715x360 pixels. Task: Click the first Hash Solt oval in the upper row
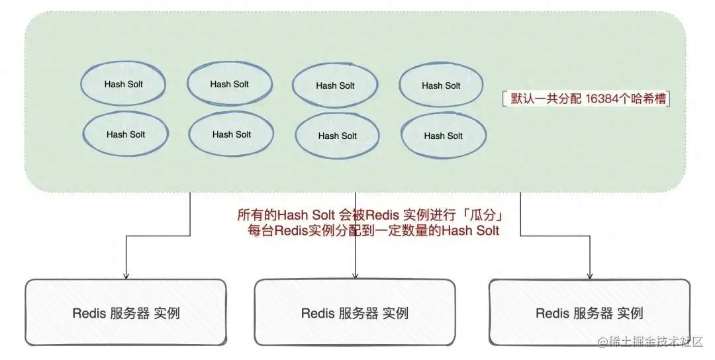(123, 84)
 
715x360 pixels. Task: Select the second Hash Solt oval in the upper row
(229, 84)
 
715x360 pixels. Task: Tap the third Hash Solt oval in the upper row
(335, 85)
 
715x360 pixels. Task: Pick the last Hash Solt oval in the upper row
(441, 85)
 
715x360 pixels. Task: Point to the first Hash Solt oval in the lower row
(125, 134)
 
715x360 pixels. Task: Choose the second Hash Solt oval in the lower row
(231, 134)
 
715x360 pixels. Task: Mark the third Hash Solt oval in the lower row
(337, 136)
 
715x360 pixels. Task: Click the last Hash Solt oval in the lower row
(443, 136)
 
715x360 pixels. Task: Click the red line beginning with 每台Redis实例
(371, 230)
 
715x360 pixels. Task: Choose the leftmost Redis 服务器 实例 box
(126, 313)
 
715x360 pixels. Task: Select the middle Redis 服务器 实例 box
(355, 313)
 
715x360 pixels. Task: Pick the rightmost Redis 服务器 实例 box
(589, 313)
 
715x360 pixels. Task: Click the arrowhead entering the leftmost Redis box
(126, 275)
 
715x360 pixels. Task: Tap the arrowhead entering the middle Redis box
(356, 275)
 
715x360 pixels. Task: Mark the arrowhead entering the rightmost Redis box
(589, 275)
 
